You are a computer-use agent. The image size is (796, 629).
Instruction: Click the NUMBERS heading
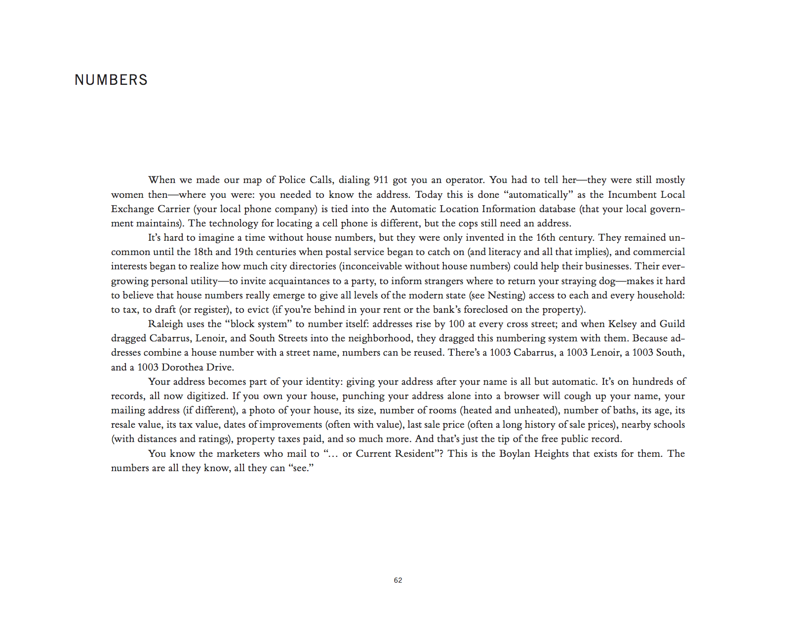point(111,80)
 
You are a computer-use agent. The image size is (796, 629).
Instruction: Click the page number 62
point(398,580)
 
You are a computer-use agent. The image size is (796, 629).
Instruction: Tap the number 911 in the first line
point(380,180)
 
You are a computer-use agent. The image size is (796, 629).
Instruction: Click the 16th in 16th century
point(546,237)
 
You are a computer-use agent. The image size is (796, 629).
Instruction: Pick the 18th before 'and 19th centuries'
point(202,252)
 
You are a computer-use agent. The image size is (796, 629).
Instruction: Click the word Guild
point(672,324)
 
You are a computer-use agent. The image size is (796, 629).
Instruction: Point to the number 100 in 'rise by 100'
point(456,324)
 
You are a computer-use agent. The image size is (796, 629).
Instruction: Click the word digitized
point(207,396)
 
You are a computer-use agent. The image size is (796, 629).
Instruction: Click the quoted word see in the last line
point(301,468)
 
